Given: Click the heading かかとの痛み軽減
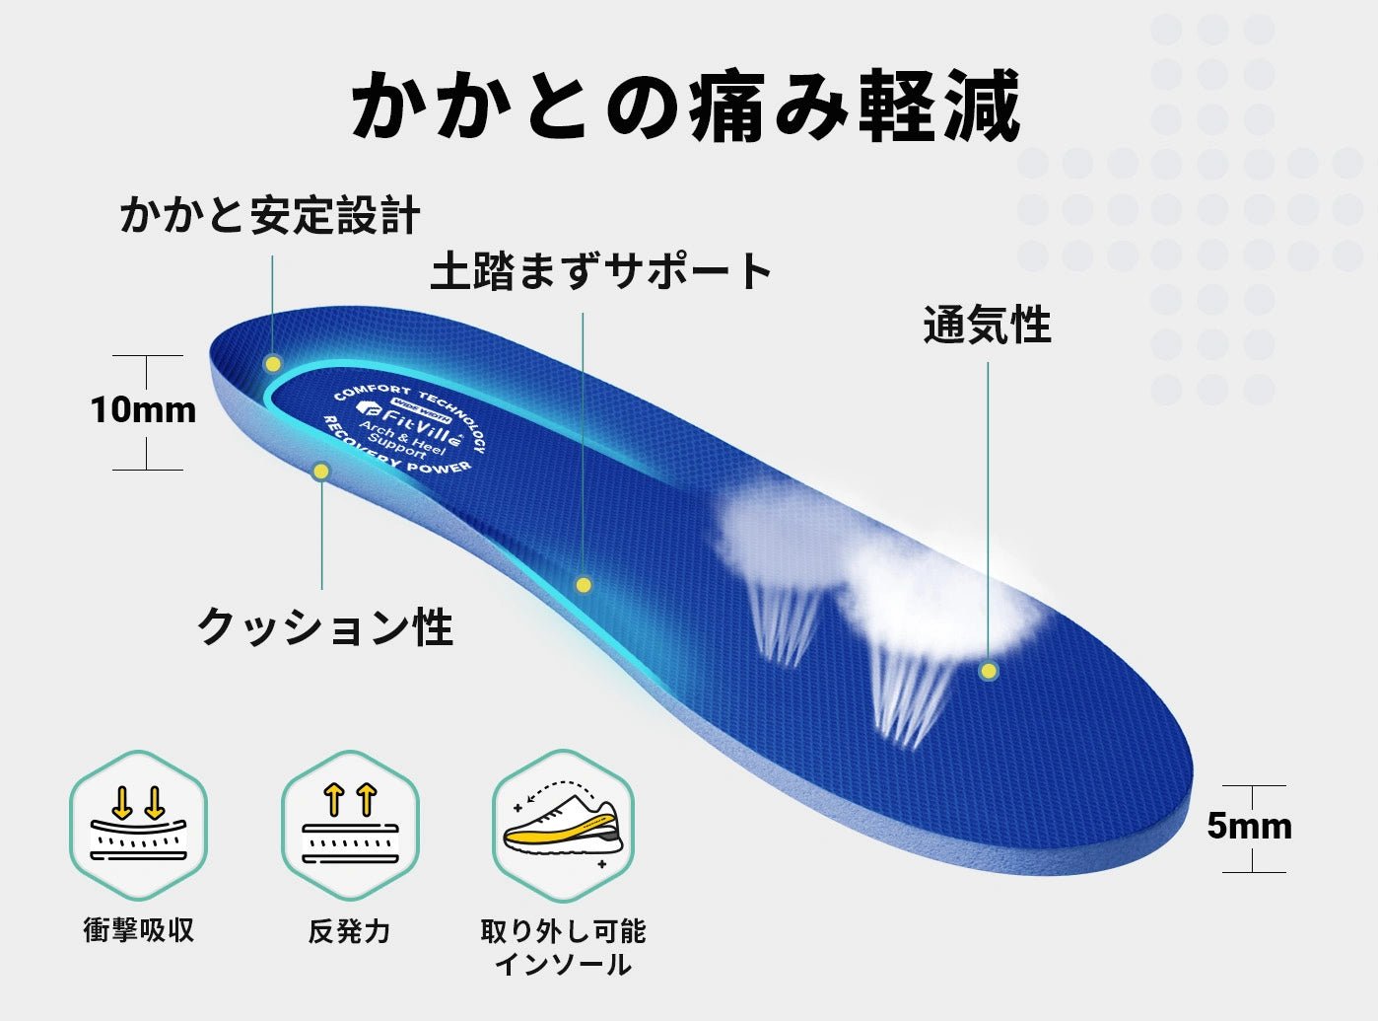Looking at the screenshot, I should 686,106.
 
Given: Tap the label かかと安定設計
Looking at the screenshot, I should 269,215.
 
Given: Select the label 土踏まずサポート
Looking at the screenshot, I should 601,271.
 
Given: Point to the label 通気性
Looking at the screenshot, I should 987,325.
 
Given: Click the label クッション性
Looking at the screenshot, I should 325,626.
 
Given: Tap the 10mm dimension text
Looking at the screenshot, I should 144,410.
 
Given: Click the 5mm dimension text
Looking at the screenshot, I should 1249,827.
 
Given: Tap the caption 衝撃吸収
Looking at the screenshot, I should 138,929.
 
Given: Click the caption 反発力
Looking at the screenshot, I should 349,930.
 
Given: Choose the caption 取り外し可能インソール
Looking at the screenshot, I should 563,947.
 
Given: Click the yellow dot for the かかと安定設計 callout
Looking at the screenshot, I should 272,364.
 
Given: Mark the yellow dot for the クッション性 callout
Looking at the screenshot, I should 320,472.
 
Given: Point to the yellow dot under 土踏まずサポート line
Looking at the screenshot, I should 584,585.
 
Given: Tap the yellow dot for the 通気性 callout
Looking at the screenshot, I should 989,671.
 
